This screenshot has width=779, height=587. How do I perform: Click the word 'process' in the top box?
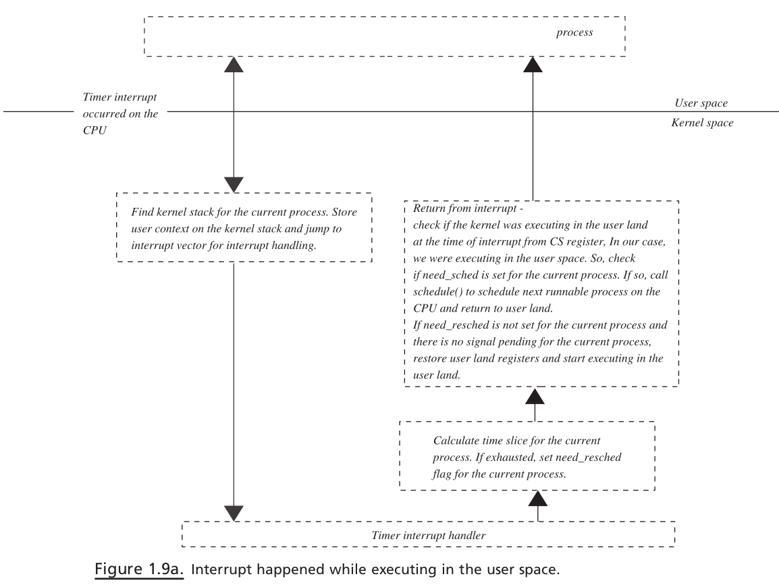point(574,33)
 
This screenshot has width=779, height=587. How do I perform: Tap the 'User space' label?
point(701,103)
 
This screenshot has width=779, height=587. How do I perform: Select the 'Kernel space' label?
point(702,123)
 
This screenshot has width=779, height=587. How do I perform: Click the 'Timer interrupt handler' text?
point(428,535)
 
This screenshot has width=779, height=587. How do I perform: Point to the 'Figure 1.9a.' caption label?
point(139,569)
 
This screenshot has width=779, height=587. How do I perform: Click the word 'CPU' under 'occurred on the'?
point(95,130)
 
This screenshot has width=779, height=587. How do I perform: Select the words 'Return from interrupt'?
point(464,208)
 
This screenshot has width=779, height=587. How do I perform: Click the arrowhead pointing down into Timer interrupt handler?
point(234,513)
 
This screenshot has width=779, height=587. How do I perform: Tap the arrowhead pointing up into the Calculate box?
point(537,498)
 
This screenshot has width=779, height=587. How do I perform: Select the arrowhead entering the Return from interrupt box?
point(535,395)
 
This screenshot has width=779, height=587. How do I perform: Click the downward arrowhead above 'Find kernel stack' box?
point(234,185)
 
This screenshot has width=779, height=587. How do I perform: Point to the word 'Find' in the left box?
point(142,212)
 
